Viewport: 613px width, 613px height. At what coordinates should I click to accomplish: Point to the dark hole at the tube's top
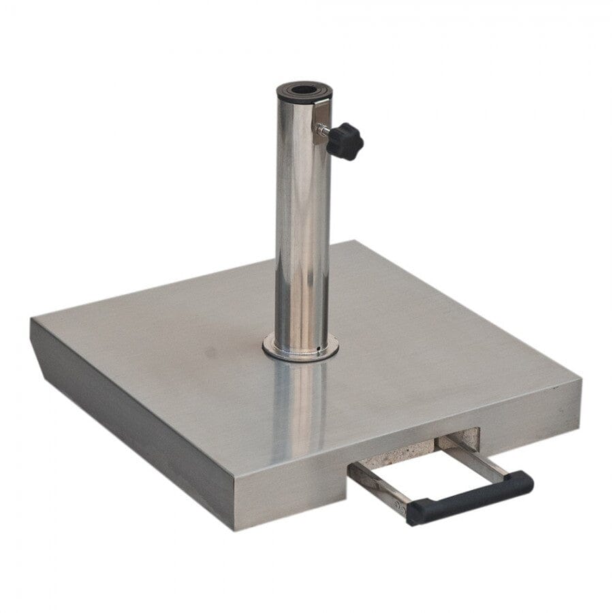point(301,89)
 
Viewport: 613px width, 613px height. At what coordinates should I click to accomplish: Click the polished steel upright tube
point(302,225)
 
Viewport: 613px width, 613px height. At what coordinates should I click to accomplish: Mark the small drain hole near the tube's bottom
point(318,350)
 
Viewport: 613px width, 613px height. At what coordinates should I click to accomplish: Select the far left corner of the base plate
point(32,320)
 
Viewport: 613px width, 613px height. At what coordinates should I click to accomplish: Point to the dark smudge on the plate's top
point(212,354)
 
